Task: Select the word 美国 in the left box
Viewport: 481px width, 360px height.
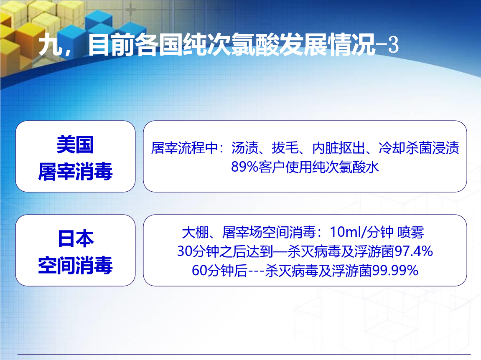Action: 75,145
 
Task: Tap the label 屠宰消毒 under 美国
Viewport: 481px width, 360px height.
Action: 75,171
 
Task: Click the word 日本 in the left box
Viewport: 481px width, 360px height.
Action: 76,238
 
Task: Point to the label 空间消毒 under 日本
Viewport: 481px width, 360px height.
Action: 75,265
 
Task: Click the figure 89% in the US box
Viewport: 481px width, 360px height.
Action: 244,167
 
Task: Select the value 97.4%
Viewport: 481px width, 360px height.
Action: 414,251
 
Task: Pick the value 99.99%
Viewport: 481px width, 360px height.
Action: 395,271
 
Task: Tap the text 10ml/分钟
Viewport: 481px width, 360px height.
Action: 361,232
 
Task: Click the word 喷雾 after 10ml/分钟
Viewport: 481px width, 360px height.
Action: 411,232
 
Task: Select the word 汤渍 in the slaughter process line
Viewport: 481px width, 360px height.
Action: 245,148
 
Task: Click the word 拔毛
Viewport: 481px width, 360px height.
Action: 285,148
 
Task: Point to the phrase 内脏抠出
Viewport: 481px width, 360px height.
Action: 338,148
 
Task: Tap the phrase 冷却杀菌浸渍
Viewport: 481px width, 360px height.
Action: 419,148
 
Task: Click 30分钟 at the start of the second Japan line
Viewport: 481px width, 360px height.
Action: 198,251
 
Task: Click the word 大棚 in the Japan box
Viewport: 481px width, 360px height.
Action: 195,232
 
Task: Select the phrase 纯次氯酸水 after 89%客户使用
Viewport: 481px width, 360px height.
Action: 346,167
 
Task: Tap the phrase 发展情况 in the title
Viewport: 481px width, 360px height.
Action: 327,45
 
